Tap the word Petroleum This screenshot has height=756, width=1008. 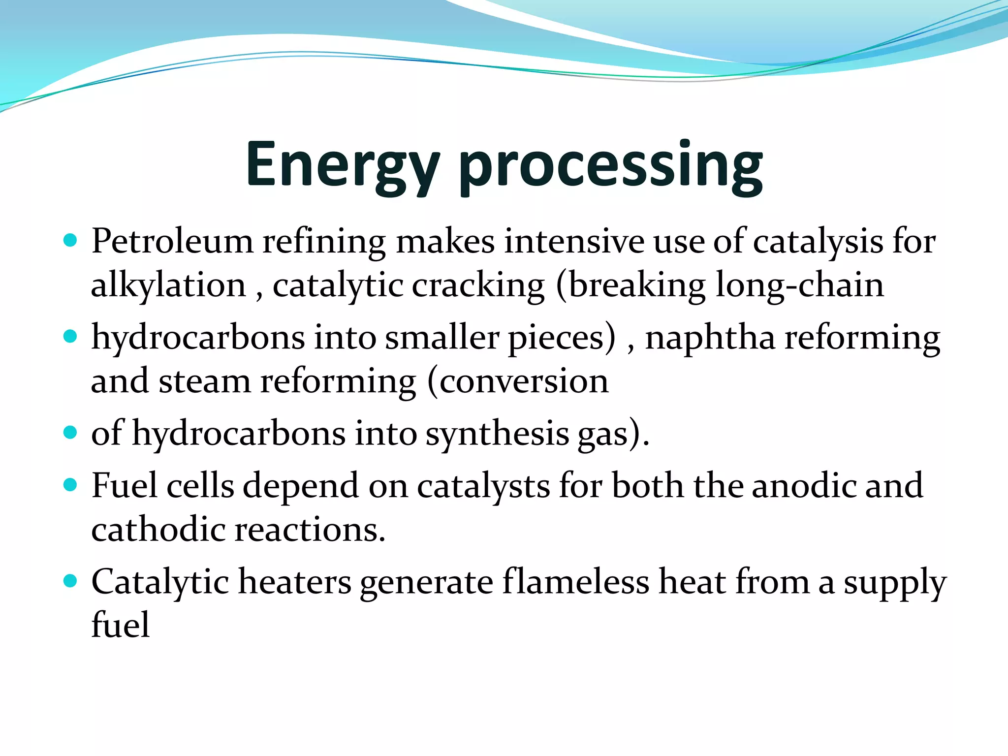tap(172, 242)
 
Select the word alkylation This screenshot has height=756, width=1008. tap(168, 285)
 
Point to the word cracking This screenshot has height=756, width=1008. tap(478, 285)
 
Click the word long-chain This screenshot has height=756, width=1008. tap(799, 285)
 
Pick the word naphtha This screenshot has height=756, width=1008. tap(710, 338)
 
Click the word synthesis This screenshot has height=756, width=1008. tap(497, 434)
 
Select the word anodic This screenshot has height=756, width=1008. tap(804, 486)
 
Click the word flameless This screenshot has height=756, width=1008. tap(576, 582)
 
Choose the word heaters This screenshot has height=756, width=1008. tap(295, 582)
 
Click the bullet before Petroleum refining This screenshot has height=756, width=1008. tap(71, 240)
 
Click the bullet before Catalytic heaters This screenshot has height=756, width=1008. tap(71, 581)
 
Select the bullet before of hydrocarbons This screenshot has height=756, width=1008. tap(71, 433)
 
